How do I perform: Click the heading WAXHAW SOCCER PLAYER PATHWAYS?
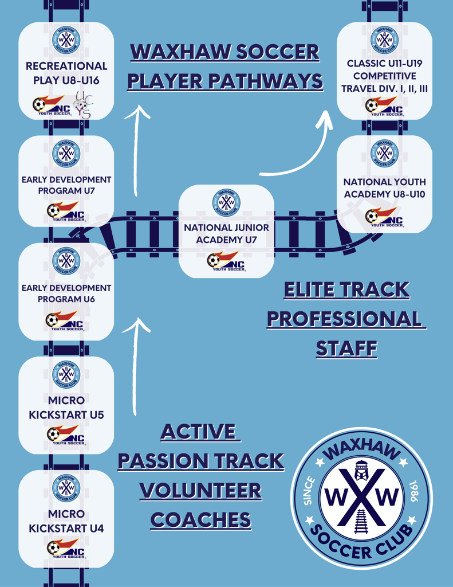click(x=225, y=66)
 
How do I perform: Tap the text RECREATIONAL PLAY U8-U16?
click(x=66, y=73)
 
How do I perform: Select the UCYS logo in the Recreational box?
click(x=84, y=105)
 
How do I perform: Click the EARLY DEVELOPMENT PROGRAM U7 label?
click(x=66, y=185)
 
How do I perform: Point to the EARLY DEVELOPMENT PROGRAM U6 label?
click(x=66, y=293)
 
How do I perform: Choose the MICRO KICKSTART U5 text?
click(x=66, y=407)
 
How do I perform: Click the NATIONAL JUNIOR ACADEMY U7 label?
click(x=226, y=233)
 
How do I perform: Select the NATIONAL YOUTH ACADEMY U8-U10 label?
click(x=384, y=188)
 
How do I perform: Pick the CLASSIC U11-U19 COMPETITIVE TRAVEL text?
click(x=384, y=76)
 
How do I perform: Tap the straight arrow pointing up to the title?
click(x=136, y=149)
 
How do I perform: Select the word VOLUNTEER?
click(x=201, y=491)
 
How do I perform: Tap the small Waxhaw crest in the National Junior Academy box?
click(x=226, y=203)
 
